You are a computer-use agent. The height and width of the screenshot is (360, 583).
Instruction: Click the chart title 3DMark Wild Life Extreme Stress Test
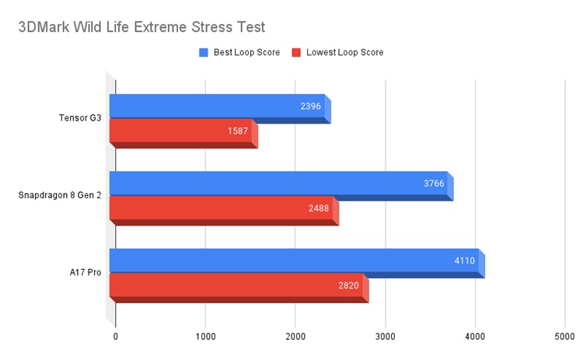pos(141,27)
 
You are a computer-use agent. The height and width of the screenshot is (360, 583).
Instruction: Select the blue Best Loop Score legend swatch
pos(204,53)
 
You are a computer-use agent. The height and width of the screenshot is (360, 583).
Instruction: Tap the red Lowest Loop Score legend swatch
pos(296,53)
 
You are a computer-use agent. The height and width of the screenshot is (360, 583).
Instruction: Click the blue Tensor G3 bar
pos(218,107)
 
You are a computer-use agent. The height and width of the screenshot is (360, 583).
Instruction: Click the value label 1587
pos(238,131)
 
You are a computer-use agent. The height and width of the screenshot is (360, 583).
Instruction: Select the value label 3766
pos(434,183)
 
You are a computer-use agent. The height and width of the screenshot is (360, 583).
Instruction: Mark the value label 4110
pos(465,261)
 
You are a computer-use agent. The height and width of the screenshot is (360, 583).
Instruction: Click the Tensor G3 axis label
pos(80,118)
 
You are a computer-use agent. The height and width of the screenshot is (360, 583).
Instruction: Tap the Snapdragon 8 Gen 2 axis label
pos(60,195)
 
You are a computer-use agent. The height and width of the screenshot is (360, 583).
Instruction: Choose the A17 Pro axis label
pos(85,273)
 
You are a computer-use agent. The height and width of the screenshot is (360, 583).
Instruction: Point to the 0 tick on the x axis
pos(116,337)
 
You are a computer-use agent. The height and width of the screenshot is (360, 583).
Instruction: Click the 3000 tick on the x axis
pos(385,337)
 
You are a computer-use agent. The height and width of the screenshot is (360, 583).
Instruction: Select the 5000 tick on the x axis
pos(564,337)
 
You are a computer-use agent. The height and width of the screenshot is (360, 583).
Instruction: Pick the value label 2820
pos(348,285)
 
